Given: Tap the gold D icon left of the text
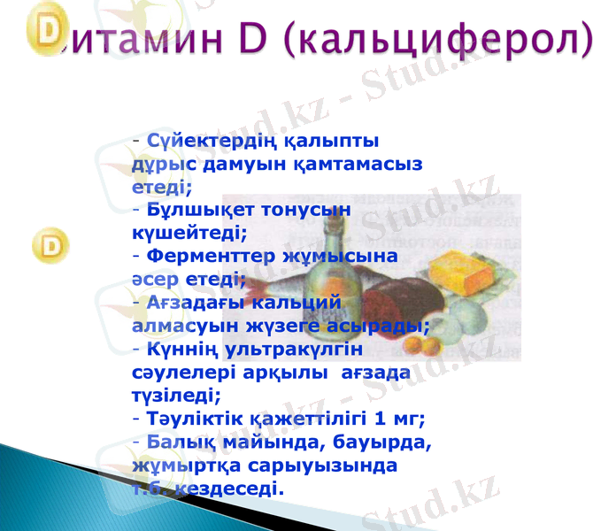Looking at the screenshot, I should pyautogui.click(x=51, y=245).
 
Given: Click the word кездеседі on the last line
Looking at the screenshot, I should pyautogui.click(x=227, y=488).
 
